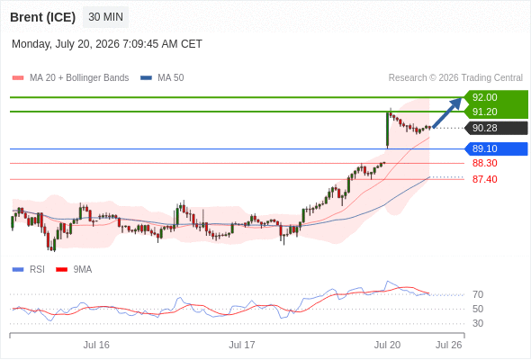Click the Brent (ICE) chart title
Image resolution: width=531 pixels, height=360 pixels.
(x=42, y=17)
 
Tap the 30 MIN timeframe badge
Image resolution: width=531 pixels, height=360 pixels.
(x=105, y=17)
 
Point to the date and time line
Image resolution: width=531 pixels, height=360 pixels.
(x=107, y=44)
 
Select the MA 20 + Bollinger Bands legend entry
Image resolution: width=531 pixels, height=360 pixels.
(x=70, y=78)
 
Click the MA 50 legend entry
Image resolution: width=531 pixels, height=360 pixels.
(x=162, y=78)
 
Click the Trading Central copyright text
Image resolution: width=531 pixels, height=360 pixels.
(x=455, y=78)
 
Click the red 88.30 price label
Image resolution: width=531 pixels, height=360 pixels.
(x=484, y=163)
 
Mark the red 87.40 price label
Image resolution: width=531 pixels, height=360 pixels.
(x=484, y=179)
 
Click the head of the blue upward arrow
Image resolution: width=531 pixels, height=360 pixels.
(x=457, y=103)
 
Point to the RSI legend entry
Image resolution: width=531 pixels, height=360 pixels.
(x=29, y=270)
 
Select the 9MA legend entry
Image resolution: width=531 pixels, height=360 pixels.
(x=74, y=270)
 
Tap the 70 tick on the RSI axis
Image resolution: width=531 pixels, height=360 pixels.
(x=478, y=294)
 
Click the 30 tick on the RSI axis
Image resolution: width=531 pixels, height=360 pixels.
(x=478, y=323)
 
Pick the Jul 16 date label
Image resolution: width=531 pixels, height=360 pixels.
(x=96, y=345)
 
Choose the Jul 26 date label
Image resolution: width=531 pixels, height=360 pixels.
(x=449, y=345)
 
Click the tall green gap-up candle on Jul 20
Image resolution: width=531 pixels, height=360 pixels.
(x=387, y=130)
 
